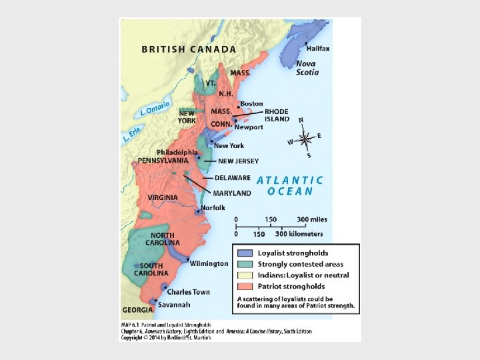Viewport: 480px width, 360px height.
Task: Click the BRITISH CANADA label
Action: [x=189, y=49]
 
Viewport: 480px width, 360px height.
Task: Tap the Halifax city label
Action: [x=318, y=48]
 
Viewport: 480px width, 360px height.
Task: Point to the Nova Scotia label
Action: [x=307, y=67]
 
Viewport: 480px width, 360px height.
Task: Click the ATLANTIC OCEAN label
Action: [x=290, y=185]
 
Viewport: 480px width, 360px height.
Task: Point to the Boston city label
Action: [x=251, y=104]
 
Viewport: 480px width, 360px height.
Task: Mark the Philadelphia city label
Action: [x=177, y=152]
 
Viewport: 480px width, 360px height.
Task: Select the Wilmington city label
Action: [x=209, y=263]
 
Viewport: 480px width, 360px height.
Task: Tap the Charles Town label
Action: [x=188, y=292]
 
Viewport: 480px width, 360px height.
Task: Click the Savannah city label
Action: [x=174, y=305]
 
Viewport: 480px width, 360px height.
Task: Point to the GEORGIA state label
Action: [x=137, y=310]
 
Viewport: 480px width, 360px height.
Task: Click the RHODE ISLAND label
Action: [x=277, y=115]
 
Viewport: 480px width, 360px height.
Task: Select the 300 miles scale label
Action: [x=311, y=219]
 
